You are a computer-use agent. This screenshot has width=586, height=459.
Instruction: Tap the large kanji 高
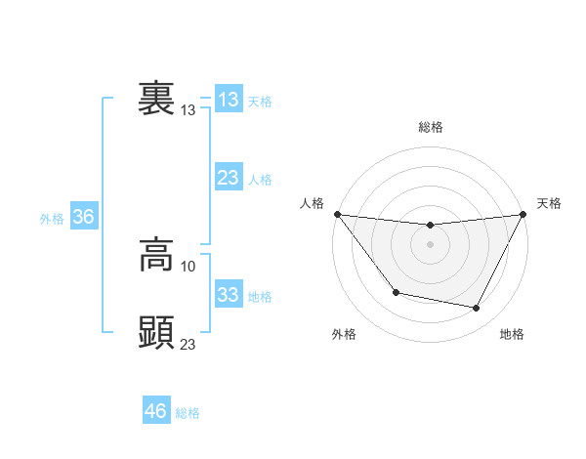click(x=156, y=256)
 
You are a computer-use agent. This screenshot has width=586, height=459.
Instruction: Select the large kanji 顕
click(x=156, y=333)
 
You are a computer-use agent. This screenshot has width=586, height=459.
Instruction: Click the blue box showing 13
click(x=228, y=100)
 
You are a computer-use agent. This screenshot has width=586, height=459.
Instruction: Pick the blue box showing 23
click(x=228, y=178)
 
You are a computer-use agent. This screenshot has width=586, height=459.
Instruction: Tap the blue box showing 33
click(x=228, y=295)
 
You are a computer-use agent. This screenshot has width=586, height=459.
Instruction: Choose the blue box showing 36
click(x=83, y=217)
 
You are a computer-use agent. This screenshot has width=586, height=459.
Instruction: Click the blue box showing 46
click(x=156, y=411)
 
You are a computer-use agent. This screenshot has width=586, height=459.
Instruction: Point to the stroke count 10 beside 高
click(x=188, y=266)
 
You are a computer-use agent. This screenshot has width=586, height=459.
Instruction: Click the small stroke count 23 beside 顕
click(x=188, y=344)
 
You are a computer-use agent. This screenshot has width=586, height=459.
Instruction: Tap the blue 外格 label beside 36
click(x=52, y=219)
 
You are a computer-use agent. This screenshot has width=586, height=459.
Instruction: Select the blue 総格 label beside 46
click(x=188, y=413)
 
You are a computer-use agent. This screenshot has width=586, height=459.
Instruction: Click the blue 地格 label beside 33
click(x=260, y=297)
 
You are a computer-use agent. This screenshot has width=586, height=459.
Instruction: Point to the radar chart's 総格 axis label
click(x=431, y=127)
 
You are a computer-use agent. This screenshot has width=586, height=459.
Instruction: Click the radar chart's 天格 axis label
click(x=549, y=203)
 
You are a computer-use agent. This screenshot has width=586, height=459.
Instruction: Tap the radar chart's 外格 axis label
click(x=344, y=334)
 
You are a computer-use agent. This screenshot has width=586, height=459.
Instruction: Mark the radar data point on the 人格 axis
click(x=337, y=214)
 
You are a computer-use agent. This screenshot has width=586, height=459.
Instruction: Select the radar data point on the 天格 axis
click(x=523, y=214)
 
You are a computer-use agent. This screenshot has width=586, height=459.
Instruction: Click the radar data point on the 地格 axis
click(x=477, y=309)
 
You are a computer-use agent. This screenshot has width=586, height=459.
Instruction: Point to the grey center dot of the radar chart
click(x=430, y=244)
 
